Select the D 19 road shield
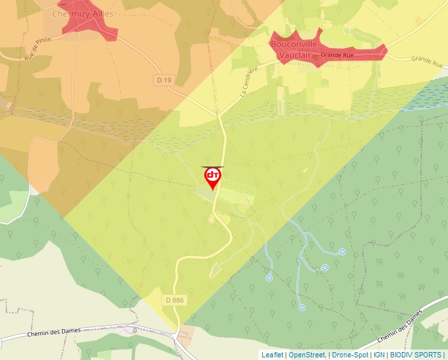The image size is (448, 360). tap(165, 80)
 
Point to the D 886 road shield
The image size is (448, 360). tap(175, 300)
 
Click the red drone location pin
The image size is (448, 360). tap(213, 177)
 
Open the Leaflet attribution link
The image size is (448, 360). tap(272, 355)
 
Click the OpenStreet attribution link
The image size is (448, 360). tap(307, 355)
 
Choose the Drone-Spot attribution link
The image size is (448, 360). tap(350, 355)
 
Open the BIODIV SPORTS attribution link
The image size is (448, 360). tap(415, 355)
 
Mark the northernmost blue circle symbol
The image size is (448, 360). tap(342, 251)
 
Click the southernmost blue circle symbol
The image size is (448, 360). tap(302, 307)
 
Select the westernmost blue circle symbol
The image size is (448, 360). tap(269, 278)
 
